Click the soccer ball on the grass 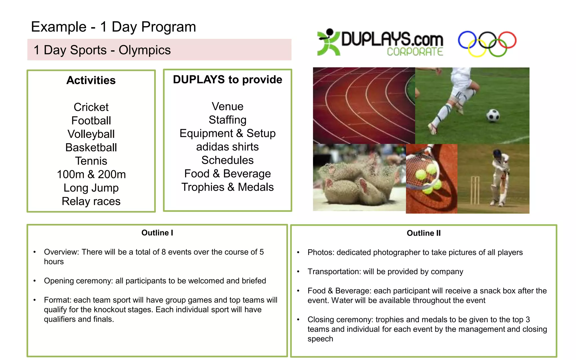tap(493, 115)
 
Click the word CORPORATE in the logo tap(415, 52)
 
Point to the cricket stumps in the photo tap(475, 190)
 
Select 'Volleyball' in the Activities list tap(91, 134)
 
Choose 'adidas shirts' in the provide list tap(227, 147)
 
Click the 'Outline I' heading tap(157, 233)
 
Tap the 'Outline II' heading tap(423, 233)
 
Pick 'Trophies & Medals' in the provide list tap(227, 187)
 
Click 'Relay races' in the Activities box tap(91, 201)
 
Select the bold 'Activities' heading tap(91, 80)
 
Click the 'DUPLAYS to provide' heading tap(227, 80)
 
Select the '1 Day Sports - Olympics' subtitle tap(102, 50)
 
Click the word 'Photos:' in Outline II tap(321, 253)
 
